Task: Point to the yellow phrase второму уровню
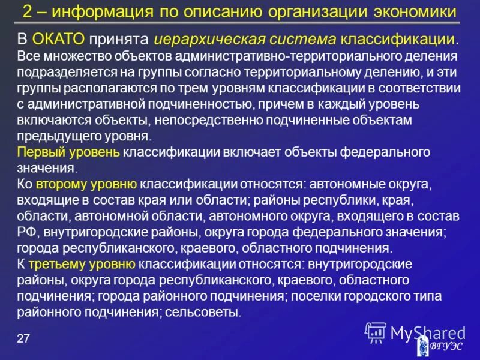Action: click(x=86, y=184)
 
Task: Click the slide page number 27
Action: click(x=23, y=339)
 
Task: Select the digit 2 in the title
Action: click(x=28, y=11)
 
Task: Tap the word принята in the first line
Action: click(x=119, y=40)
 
